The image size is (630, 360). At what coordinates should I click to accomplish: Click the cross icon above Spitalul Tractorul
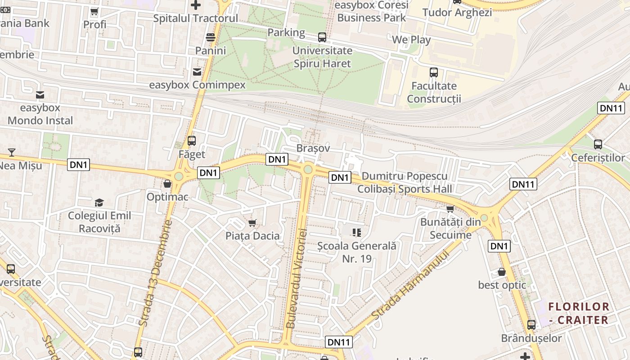point(196,5)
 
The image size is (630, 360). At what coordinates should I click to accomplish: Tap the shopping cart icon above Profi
point(94,12)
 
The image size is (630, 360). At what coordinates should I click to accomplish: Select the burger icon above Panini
point(210,37)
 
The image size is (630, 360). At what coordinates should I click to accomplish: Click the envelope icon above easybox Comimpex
point(197,72)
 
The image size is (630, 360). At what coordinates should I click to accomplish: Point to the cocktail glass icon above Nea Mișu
point(12,153)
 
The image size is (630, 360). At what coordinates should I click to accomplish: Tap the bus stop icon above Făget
point(192,141)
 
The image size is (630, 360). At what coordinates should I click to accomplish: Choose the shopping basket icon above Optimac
point(167,184)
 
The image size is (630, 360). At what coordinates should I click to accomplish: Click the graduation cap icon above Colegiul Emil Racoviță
point(99,202)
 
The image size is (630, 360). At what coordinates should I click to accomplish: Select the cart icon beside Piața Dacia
point(252,223)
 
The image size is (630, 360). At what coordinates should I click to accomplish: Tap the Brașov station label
point(313,148)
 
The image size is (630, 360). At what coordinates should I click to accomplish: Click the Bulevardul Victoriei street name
point(297,278)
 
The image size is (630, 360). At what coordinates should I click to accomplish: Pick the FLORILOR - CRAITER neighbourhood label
point(579,313)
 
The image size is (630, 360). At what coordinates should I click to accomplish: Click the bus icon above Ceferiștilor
point(598,144)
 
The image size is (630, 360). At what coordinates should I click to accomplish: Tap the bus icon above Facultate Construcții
point(434,72)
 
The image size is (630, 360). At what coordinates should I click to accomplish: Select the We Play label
point(411,40)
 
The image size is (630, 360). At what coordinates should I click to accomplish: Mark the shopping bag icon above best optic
point(502,272)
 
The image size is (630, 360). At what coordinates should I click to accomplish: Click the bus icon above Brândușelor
point(531,325)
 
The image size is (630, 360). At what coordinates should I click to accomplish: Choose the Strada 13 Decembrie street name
point(156,273)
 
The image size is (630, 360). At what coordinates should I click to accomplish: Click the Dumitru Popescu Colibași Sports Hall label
point(405,182)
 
